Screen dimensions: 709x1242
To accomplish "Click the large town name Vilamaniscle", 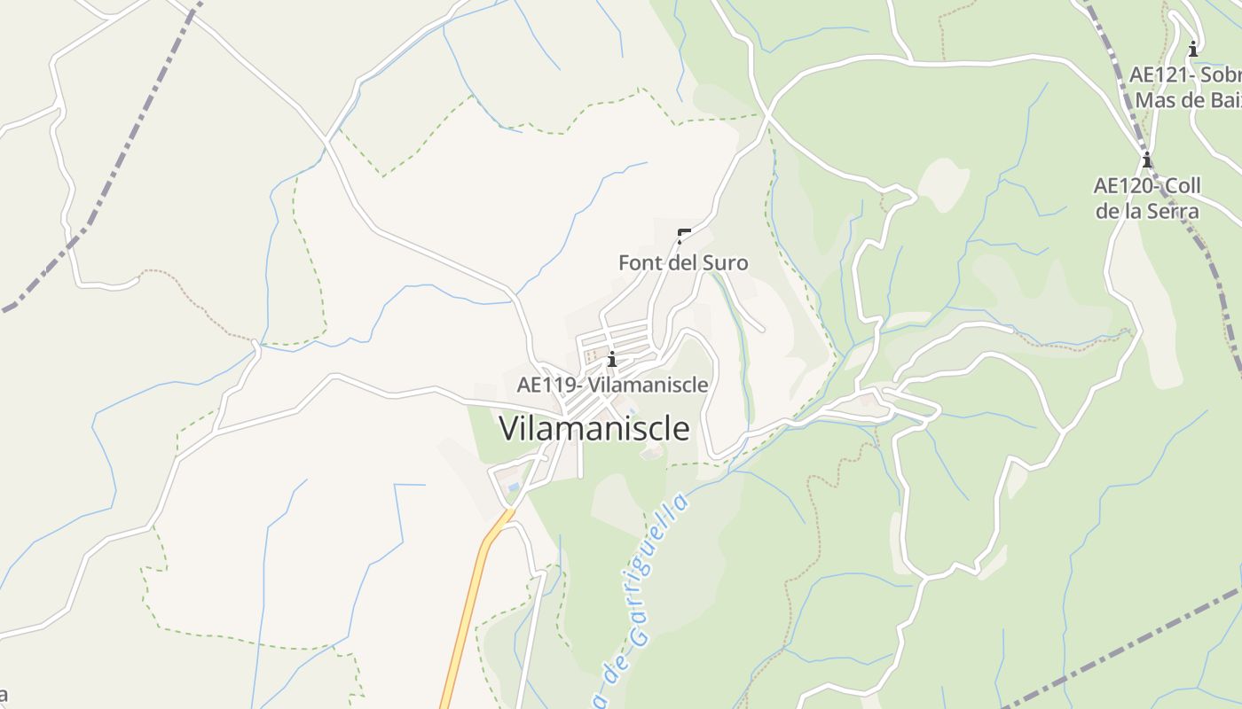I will tap(594, 428).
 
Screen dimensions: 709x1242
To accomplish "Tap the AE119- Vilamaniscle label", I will tap(612, 385).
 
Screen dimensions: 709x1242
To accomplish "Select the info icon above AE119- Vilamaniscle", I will tap(612, 359).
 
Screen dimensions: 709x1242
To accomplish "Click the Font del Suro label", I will tap(683, 263).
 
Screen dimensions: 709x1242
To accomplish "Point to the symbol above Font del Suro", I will tap(683, 236).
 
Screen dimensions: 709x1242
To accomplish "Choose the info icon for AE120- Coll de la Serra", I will tap(1147, 160).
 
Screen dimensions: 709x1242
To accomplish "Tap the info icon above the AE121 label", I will tap(1193, 49).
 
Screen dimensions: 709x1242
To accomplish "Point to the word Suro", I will tap(724, 263).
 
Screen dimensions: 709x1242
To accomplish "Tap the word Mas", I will tap(1155, 100).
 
